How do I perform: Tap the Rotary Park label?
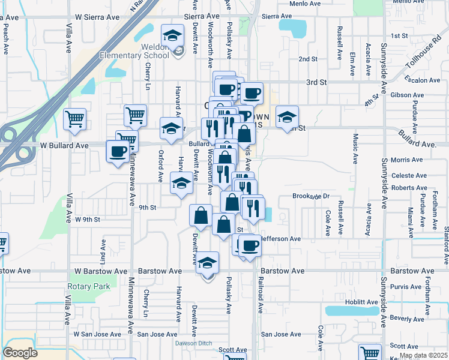[x=89, y=286]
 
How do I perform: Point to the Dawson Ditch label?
[x=194, y=343]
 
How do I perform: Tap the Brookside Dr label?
[x=312, y=196]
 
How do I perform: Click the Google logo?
[x=20, y=353]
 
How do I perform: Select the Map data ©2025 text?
[x=423, y=355]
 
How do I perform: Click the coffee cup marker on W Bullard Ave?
[x=118, y=151]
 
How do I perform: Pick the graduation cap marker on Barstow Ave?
[x=208, y=263]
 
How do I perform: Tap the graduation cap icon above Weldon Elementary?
[x=173, y=35]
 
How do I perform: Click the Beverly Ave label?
[x=407, y=317]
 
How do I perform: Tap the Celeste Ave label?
[x=408, y=175]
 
